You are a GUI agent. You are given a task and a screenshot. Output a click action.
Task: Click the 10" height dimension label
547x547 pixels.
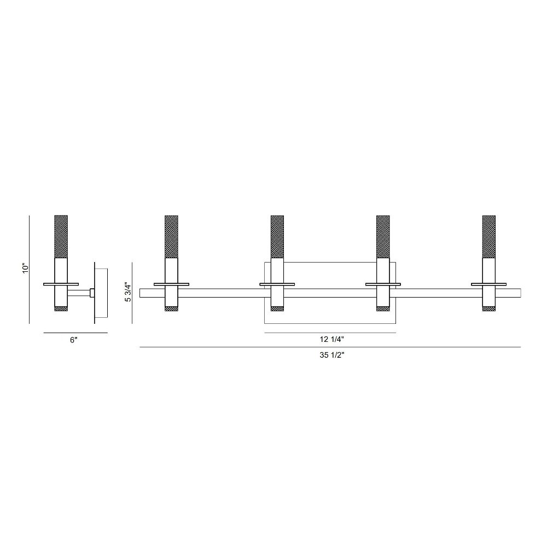25,268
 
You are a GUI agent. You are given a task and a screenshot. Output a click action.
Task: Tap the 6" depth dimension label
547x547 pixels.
73,340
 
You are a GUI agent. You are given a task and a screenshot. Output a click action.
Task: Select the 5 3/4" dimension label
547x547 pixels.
129,292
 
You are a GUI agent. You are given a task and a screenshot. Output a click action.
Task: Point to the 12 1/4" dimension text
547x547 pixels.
332,339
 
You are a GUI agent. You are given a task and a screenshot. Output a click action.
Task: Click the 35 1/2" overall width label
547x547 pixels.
332,355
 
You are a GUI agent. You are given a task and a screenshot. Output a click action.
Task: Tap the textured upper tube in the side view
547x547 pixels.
61,236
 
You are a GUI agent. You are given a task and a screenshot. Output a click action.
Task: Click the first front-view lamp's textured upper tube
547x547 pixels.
171,236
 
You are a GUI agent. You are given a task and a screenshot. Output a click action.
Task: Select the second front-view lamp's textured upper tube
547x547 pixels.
277,236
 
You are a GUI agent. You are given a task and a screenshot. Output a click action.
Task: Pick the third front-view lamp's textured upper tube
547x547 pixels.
383,236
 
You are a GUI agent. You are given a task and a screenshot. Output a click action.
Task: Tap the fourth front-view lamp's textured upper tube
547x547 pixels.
488,236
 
